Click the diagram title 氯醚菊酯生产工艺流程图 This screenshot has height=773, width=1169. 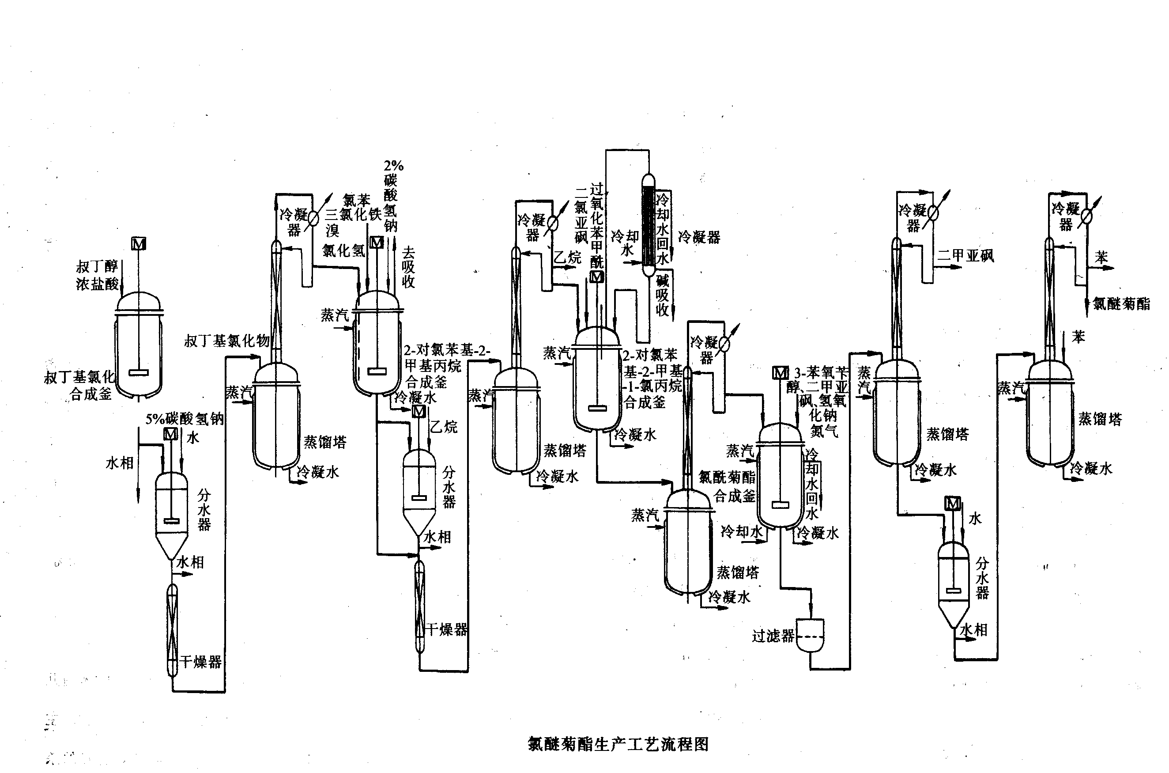click(618, 744)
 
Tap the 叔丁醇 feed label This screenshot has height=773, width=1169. click(97, 267)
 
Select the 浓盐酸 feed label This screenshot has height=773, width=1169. click(97, 284)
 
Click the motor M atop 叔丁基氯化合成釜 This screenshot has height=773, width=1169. click(139, 243)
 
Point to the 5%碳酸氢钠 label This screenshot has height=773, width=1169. click(184, 419)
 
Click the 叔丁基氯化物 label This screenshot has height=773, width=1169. click(226, 341)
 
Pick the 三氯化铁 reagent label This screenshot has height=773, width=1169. click(353, 215)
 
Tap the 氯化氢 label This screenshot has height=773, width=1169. click(343, 250)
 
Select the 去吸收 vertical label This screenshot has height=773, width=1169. click(408, 267)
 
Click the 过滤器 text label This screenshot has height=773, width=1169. click(773, 636)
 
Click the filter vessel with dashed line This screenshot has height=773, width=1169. click(810, 635)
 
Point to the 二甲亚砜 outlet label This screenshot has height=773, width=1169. click(965, 255)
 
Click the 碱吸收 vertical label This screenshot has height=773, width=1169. click(662, 295)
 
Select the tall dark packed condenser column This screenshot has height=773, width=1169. click(649, 225)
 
